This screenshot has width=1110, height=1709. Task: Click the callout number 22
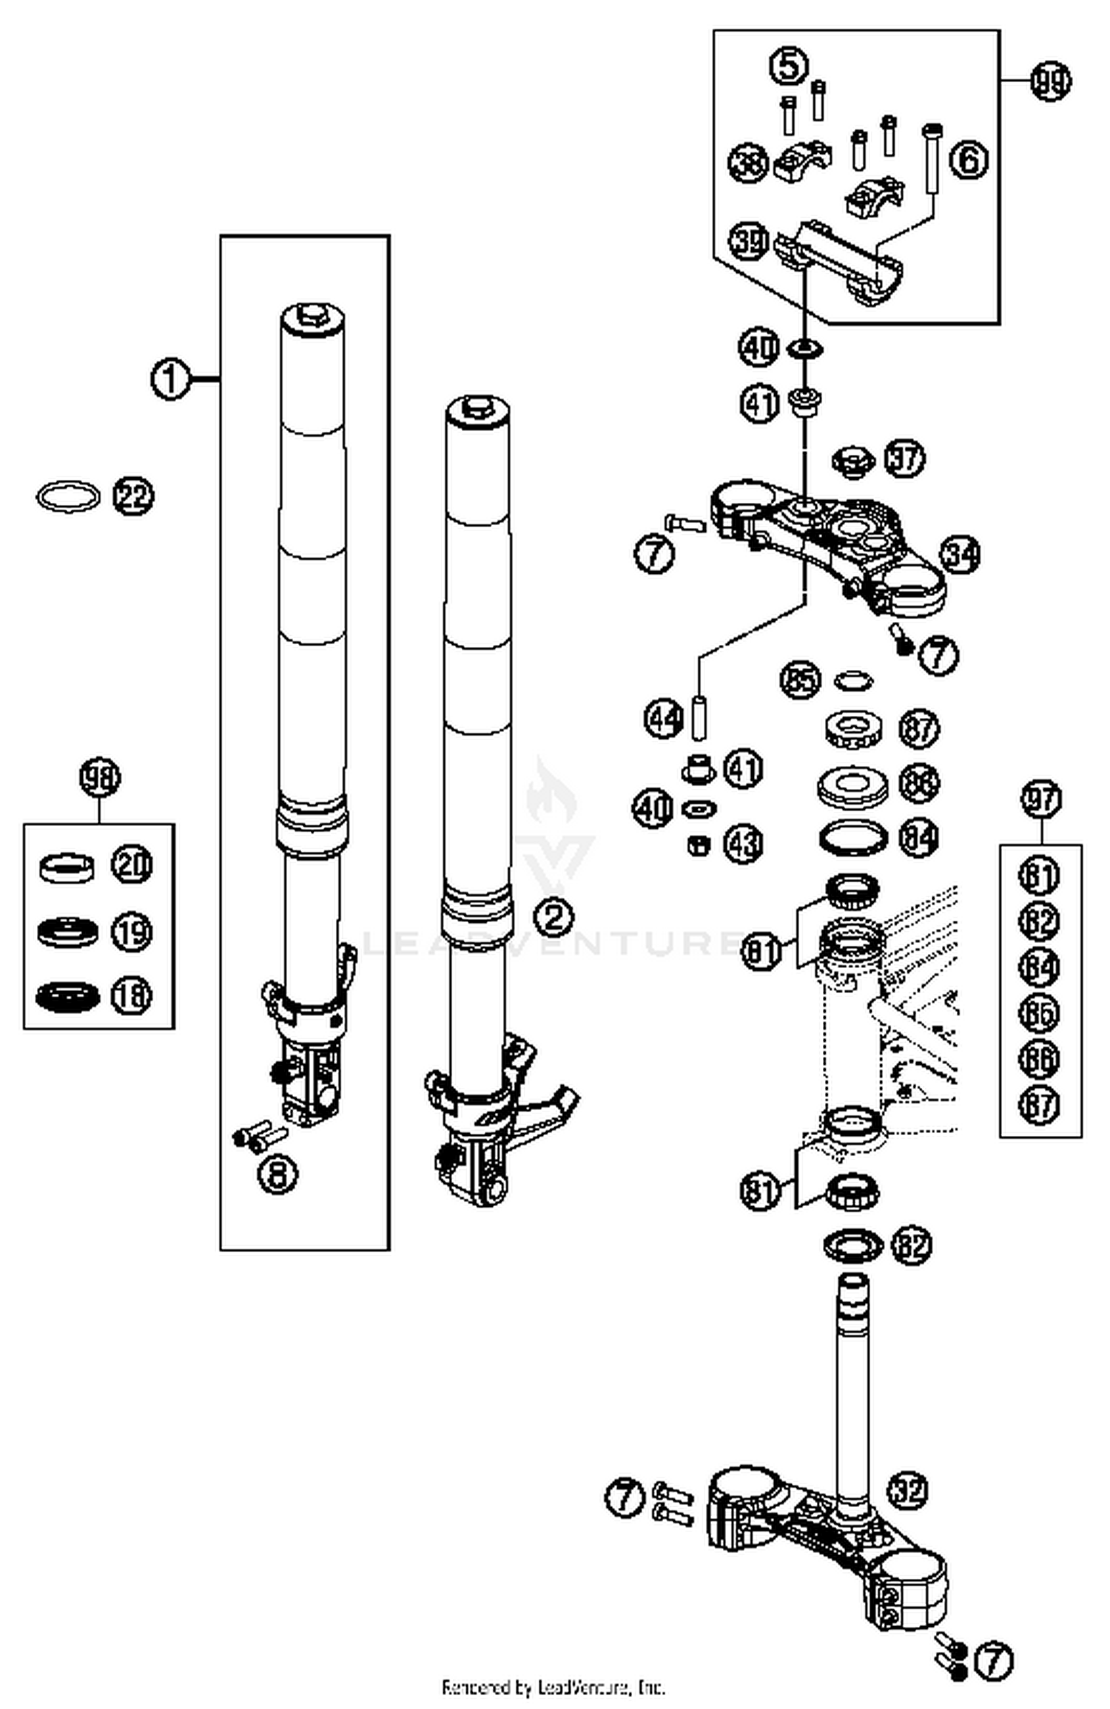click(x=133, y=496)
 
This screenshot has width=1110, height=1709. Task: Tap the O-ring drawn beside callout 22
click(x=68, y=496)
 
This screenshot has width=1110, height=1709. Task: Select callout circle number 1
click(x=170, y=380)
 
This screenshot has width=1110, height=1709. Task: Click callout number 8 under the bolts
click(x=277, y=1175)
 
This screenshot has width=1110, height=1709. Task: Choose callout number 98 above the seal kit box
click(x=100, y=778)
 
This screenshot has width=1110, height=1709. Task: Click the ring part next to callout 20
click(x=67, y=867)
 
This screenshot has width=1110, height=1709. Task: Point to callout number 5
click(x=789, y=67)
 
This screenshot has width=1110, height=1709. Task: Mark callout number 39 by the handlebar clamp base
click(x=750, y=241)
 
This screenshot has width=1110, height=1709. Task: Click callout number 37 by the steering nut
click(x=905, y=459)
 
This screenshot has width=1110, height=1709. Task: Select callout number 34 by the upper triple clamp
click(x=960, y=555)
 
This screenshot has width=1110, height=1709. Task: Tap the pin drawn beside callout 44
click(x=698, y=717)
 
